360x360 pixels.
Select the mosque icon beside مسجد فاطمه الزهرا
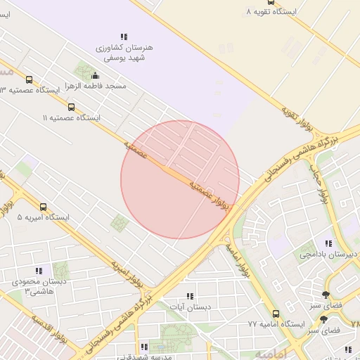point(96,75)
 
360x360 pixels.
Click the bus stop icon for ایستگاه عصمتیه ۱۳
point(29,80)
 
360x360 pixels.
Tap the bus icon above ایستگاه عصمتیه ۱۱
point(71,107)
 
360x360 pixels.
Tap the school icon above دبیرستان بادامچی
point(328,243)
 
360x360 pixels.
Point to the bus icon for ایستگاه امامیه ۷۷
point(275,314)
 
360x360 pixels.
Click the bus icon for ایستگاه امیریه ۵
point(44,207)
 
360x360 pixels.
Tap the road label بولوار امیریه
point(127,275)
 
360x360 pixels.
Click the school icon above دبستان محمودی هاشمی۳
point(39,271)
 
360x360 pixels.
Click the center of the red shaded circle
point(180,179)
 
